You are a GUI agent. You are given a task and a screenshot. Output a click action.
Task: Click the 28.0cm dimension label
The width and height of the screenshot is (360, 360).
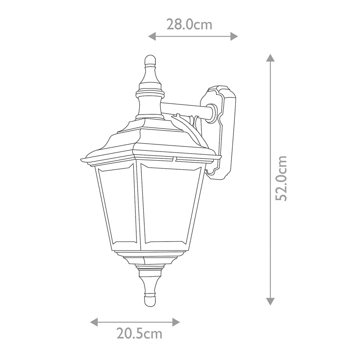(x=189, y=25)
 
